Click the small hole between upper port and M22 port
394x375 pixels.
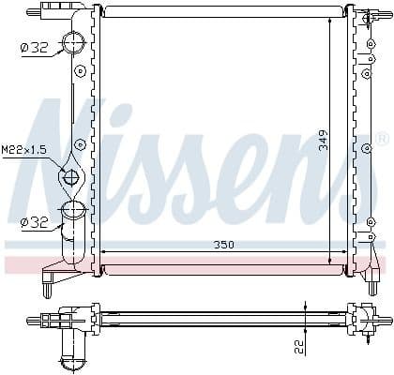[x=81, y=143]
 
